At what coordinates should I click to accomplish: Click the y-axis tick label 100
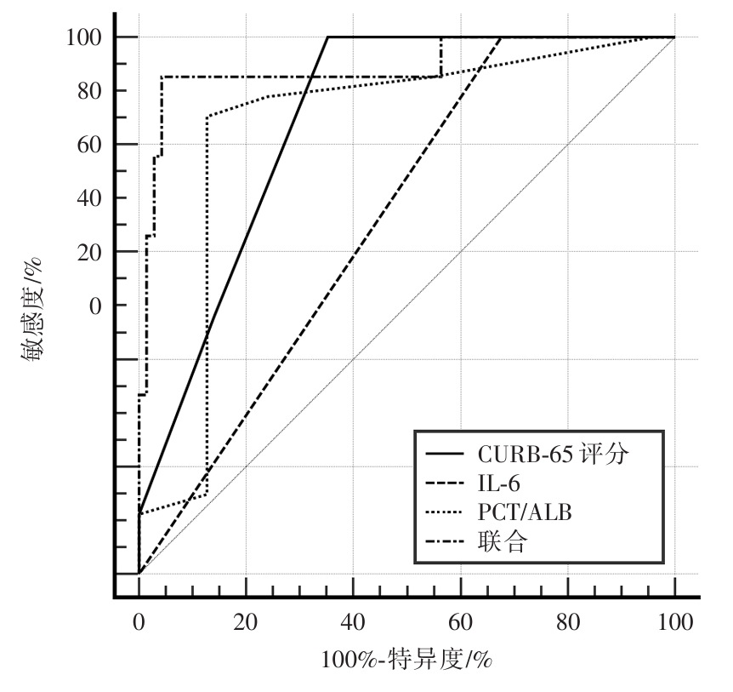(84, 37)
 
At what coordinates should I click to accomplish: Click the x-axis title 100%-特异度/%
(408, 659)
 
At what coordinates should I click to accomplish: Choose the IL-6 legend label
(498, 483)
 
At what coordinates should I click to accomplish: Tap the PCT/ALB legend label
(518, 512)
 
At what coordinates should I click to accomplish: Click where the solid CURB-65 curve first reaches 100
(328, 37)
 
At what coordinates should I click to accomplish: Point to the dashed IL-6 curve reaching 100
(501, 37)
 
